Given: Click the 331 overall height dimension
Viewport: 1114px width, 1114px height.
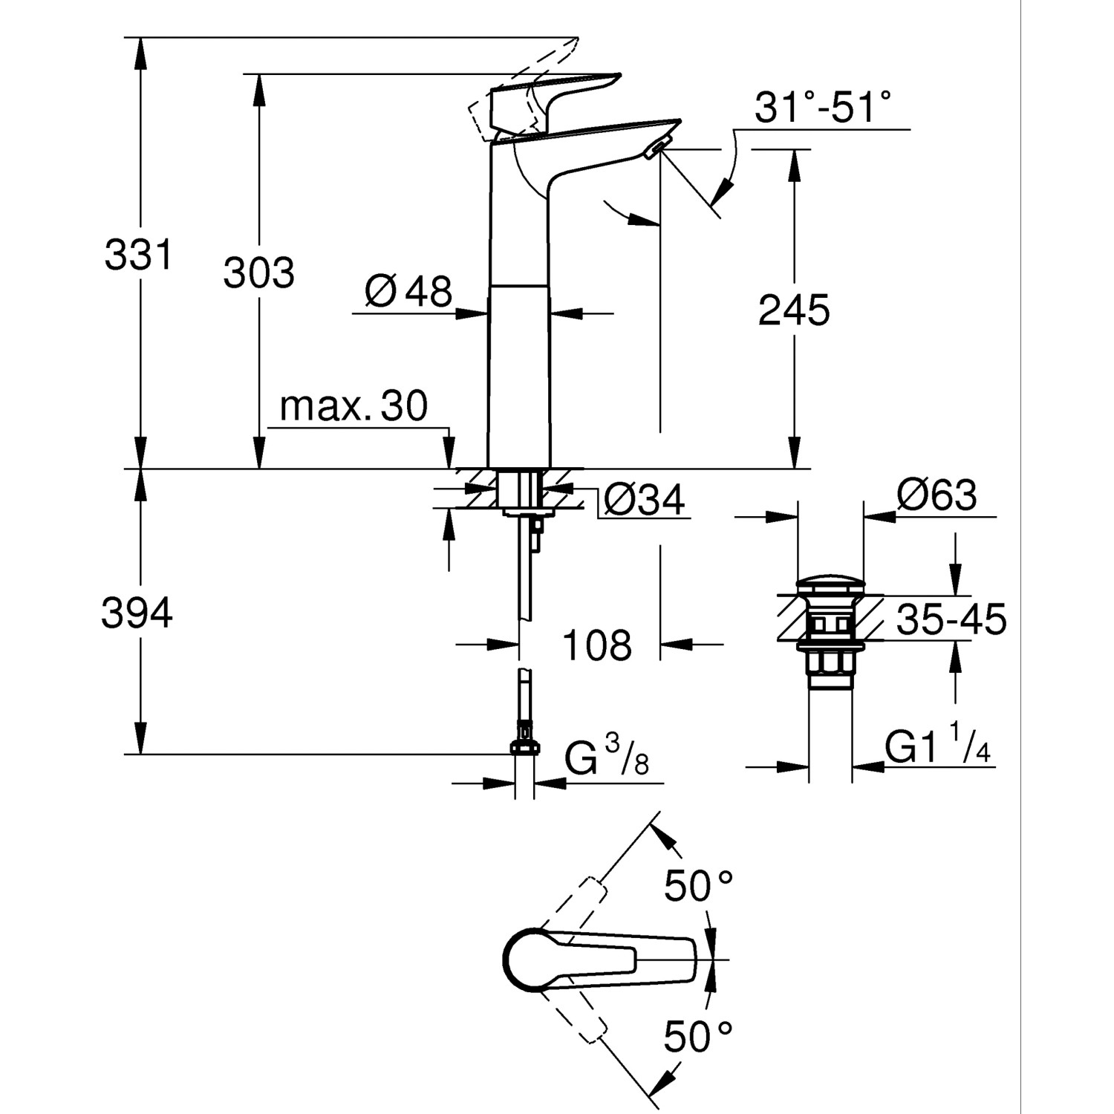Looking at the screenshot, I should [138, 255].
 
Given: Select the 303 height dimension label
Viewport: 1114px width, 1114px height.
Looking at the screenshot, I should [258, 273].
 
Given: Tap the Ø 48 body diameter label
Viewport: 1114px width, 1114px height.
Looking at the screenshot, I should [408, 291].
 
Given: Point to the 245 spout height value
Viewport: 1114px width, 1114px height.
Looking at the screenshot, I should [793, 310].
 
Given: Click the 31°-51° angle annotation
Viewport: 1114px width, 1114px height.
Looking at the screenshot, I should [822, 108].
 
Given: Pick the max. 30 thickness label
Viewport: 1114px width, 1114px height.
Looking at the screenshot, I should [354, 406].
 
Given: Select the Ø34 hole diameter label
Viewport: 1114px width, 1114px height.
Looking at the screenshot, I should [643, 500].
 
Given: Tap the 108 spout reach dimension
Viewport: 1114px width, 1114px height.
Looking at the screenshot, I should [597, 645].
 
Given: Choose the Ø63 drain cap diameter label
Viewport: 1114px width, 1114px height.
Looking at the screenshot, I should [937, 495].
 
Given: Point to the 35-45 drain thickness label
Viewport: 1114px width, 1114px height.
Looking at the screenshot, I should [951, 620].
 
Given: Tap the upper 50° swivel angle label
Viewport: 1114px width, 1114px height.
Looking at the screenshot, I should [698, 886].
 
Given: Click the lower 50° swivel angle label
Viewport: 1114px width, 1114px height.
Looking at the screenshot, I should [698, 1037].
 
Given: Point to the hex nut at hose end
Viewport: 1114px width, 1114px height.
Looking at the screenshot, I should [524, 747].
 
